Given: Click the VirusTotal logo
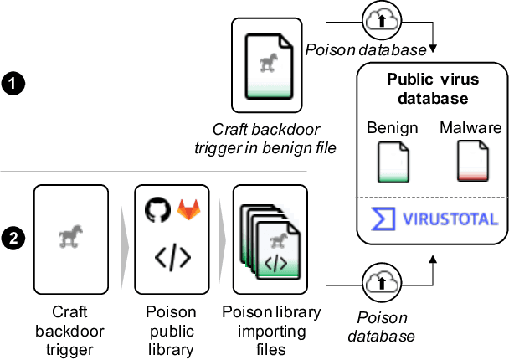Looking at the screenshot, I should [433, 219].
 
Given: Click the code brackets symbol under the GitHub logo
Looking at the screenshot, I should [172, 259].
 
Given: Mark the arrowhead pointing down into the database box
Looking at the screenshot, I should [432, 43].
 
